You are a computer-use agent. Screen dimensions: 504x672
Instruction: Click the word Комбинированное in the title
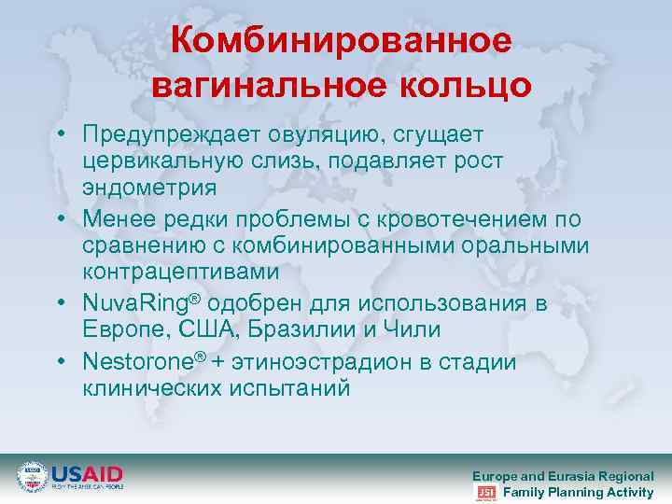pos(342,41)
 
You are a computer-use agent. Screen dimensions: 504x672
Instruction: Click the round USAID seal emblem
pos(32,475)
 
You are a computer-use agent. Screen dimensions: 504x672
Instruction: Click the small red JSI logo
pos(485,493)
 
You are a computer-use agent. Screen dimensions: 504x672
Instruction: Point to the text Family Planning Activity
pos(578,493)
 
